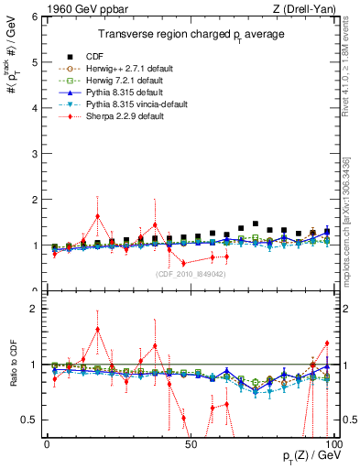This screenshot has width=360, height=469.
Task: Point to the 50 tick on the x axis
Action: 190,444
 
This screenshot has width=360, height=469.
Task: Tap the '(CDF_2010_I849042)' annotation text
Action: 190,272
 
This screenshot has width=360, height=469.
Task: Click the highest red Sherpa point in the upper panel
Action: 97,216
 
